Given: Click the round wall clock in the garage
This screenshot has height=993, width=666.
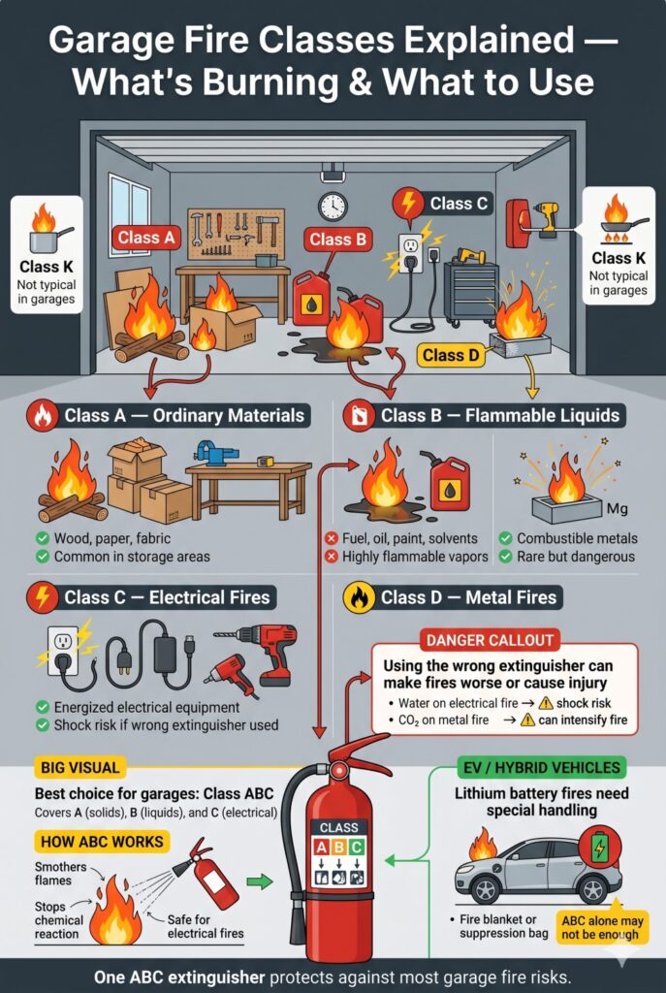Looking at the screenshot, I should pos(332,206).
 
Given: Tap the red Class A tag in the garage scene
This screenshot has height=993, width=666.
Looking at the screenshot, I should pos(145,237).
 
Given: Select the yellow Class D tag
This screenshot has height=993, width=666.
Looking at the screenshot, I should pos(451,355).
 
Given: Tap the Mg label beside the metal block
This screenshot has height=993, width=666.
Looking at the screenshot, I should pos(617,507).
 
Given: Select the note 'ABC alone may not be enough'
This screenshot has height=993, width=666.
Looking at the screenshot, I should pos(600,926).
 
